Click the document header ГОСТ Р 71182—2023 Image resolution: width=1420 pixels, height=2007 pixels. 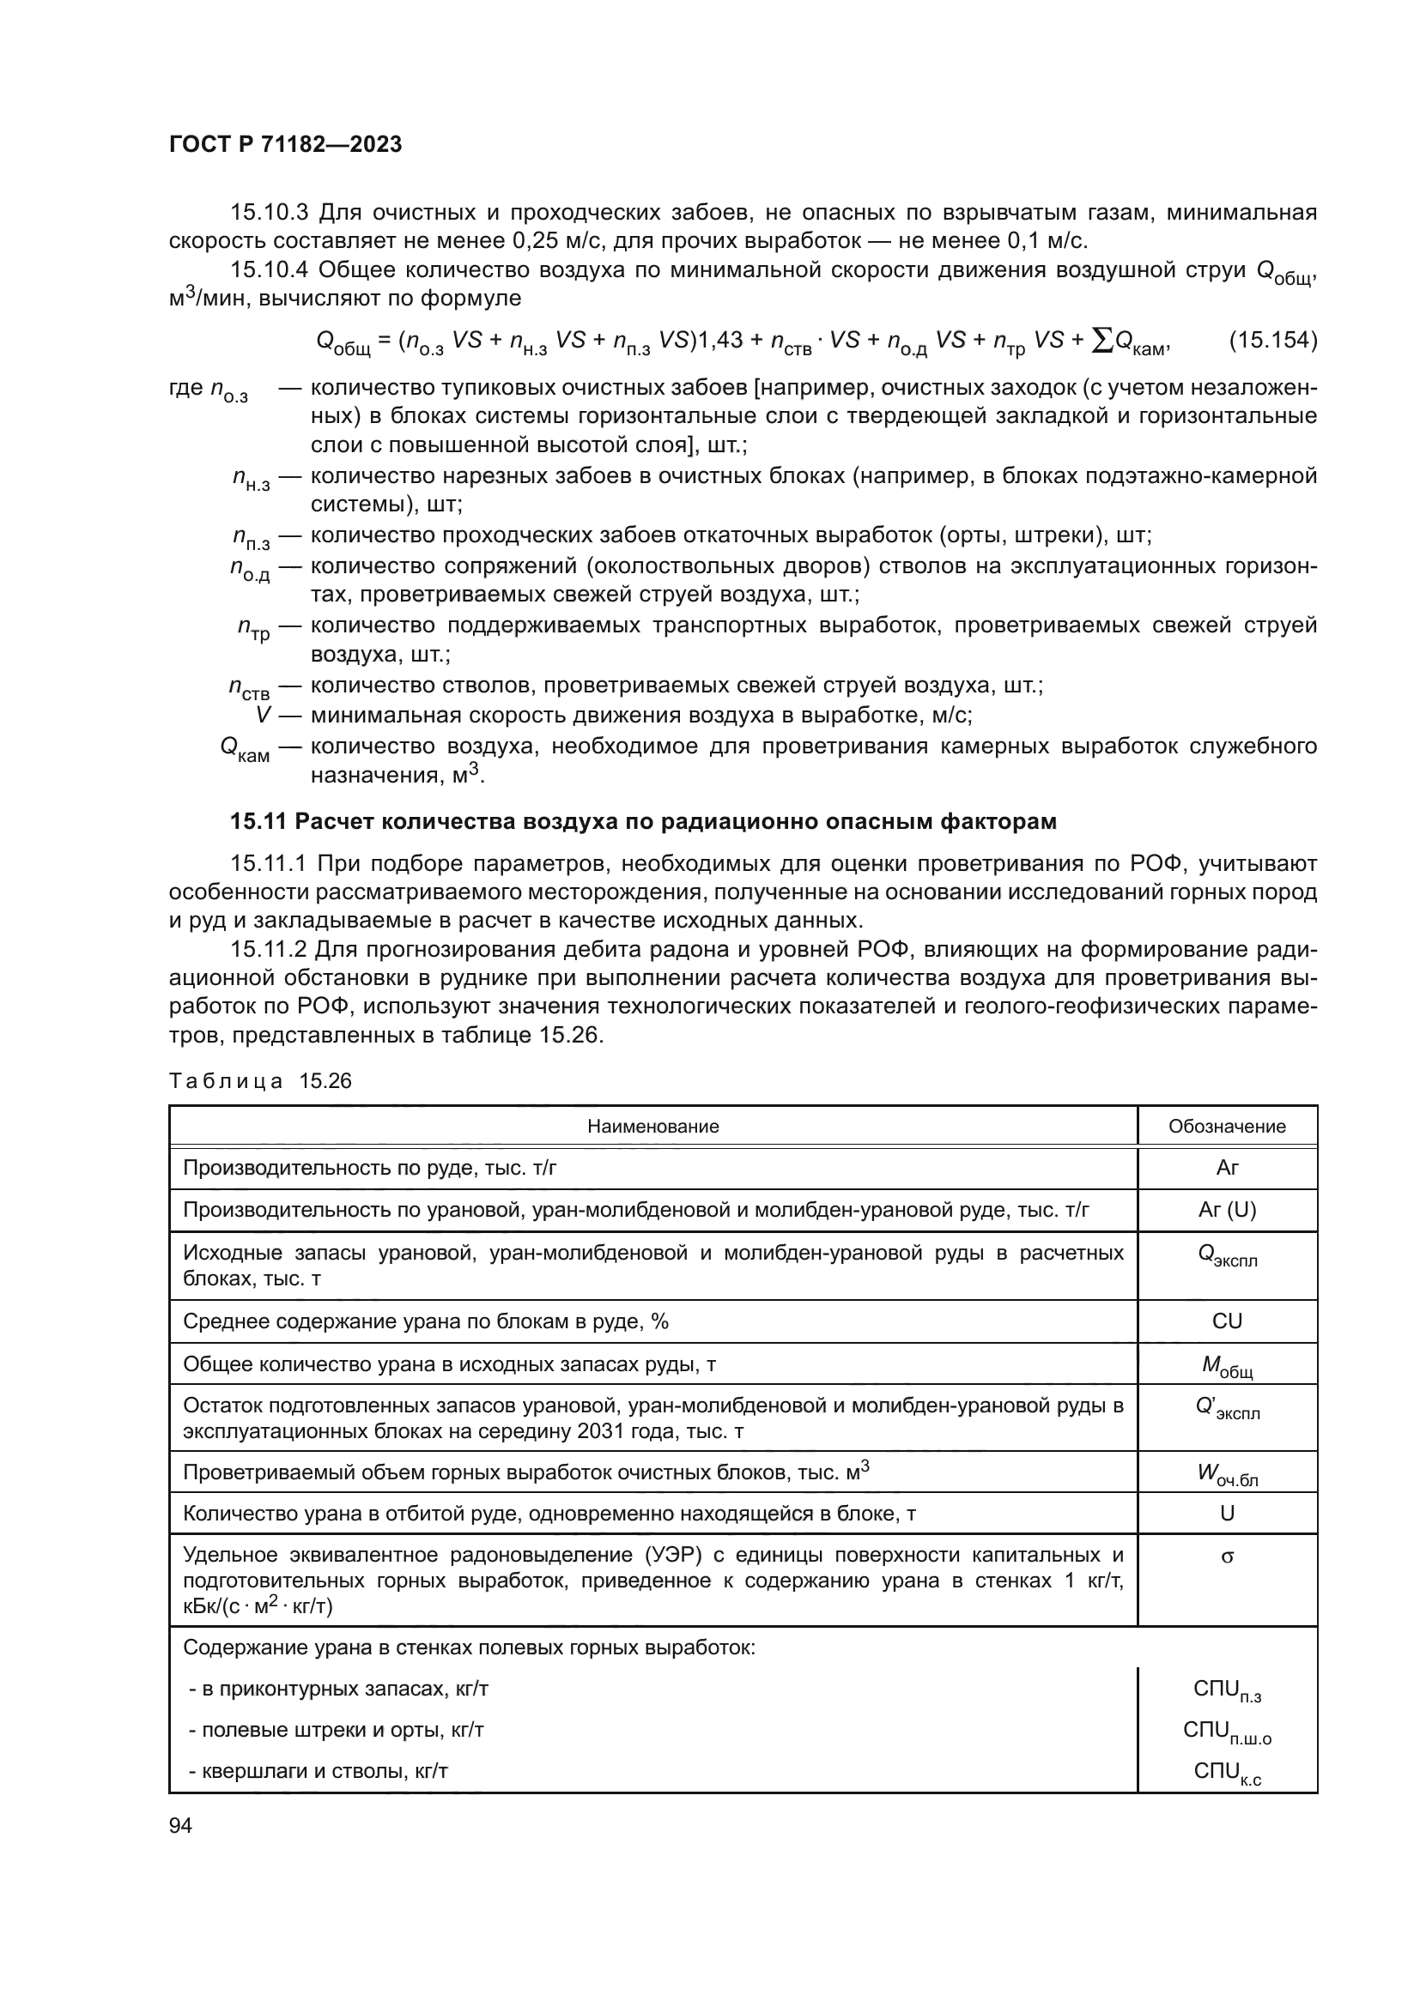285,144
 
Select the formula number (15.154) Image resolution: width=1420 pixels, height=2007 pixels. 1272,339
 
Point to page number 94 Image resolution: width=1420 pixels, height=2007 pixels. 180,1825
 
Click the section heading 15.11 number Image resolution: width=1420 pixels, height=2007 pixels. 258,821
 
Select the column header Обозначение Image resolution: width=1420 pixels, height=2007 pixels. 1227,1126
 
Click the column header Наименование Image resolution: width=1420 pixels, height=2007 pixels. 652,1126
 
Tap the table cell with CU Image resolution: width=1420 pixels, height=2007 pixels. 1227,1321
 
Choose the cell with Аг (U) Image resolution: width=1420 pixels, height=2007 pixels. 1227,1210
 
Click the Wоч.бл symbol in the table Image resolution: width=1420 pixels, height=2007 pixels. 1227,1475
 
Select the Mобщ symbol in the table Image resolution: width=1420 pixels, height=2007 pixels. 1227,1365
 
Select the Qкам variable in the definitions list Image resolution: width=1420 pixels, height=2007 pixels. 245,748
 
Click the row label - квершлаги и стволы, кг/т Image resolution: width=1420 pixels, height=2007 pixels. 319,1771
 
